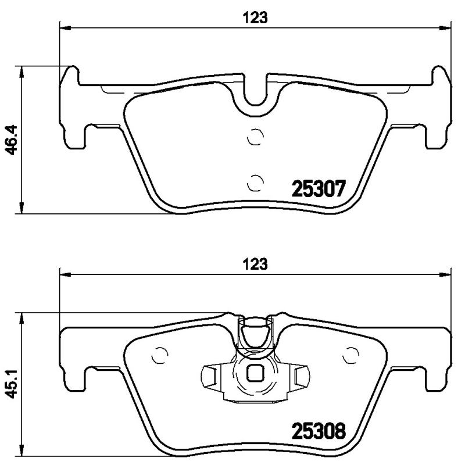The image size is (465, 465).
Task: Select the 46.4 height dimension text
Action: pyautogui.click(x=10, y=140)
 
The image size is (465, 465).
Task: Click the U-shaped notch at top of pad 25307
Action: pyautogui.click(x=255, y=93)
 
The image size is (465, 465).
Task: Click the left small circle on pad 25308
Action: pyautogui.click(x=159, y=355)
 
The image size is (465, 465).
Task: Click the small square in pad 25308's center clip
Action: pyautogui.click(x=255, y=374)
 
